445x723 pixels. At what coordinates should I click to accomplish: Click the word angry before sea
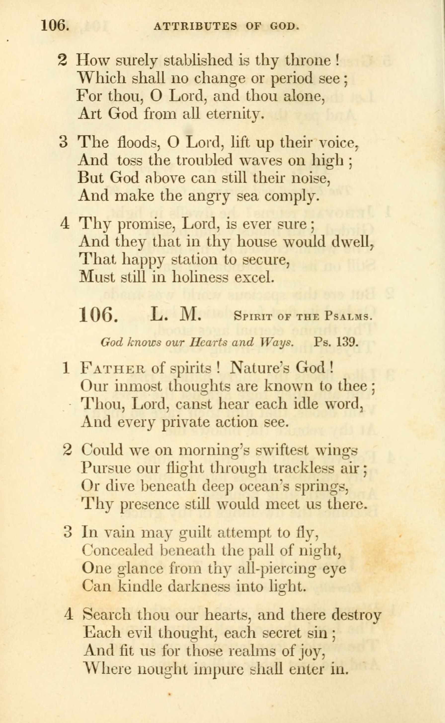pos(209,196)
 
